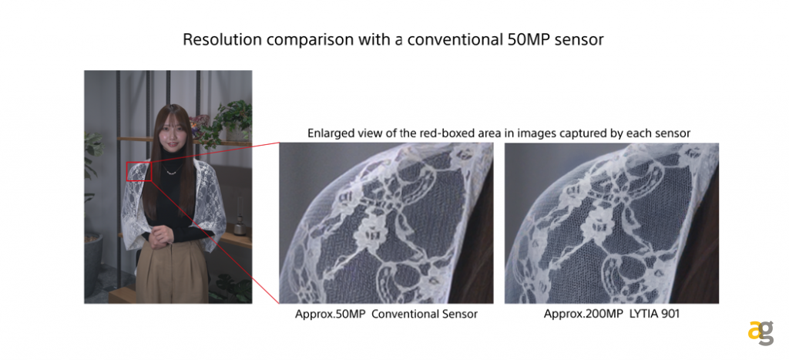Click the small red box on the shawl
coord(139,171)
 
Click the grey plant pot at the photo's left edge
coord(93,264)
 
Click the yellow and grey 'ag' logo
coord(760,333)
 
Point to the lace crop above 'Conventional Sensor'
coord(387,223)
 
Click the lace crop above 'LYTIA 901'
coord(612,223)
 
